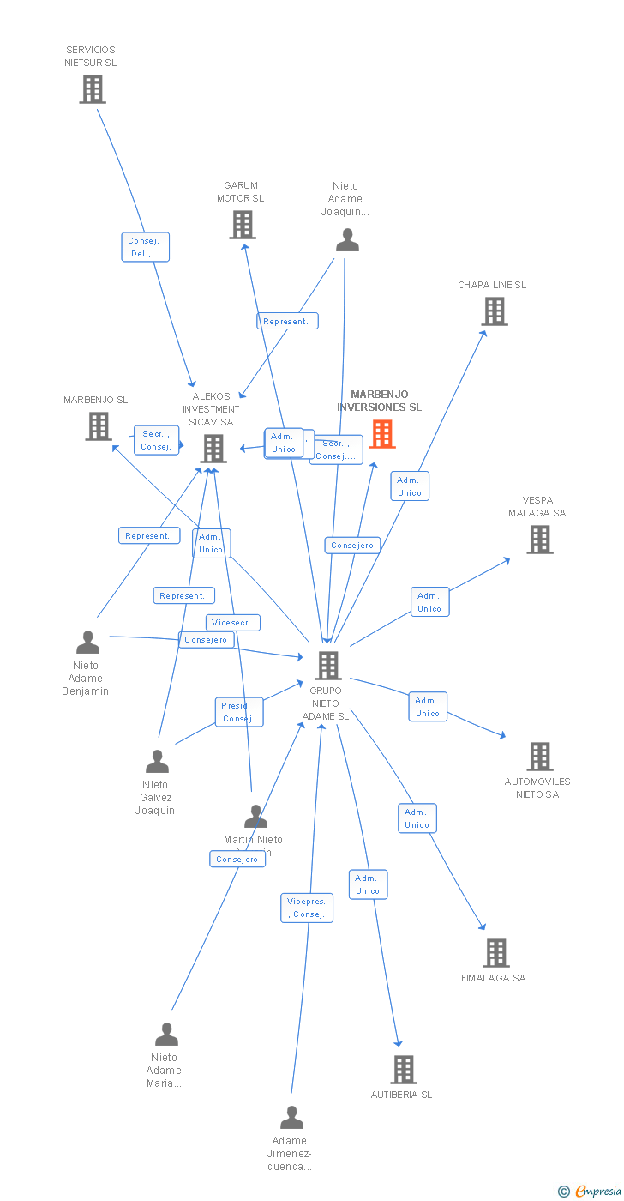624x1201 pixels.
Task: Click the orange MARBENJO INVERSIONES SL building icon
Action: (382, 434)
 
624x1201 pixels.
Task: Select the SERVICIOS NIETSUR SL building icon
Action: (93, 89)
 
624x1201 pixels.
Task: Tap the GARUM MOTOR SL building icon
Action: (243, 225)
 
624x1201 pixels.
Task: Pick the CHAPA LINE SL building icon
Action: (495, 311)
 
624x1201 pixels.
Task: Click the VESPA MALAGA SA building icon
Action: (539, 540)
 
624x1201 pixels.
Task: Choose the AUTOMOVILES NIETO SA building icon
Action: (539, 757)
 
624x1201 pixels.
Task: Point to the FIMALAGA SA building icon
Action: (495, 953)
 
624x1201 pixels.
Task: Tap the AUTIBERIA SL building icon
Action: (404, 1070)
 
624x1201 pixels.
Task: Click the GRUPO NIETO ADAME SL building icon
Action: (327, 666)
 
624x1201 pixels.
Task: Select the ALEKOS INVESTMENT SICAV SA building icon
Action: (213, 448)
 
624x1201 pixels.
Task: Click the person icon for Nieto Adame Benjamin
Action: (87, 643)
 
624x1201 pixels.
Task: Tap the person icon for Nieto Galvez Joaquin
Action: (157, 762)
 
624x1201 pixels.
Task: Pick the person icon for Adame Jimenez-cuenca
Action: (292, 1118)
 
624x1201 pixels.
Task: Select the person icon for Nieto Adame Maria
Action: (166, 1035)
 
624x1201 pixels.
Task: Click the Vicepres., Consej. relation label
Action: (307, 908)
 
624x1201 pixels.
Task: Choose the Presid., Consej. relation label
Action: (238, 712)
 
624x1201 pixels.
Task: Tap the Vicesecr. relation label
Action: (232, 623)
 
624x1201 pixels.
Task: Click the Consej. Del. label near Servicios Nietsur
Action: (145, 247)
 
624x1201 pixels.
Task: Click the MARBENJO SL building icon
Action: (99, 426)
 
